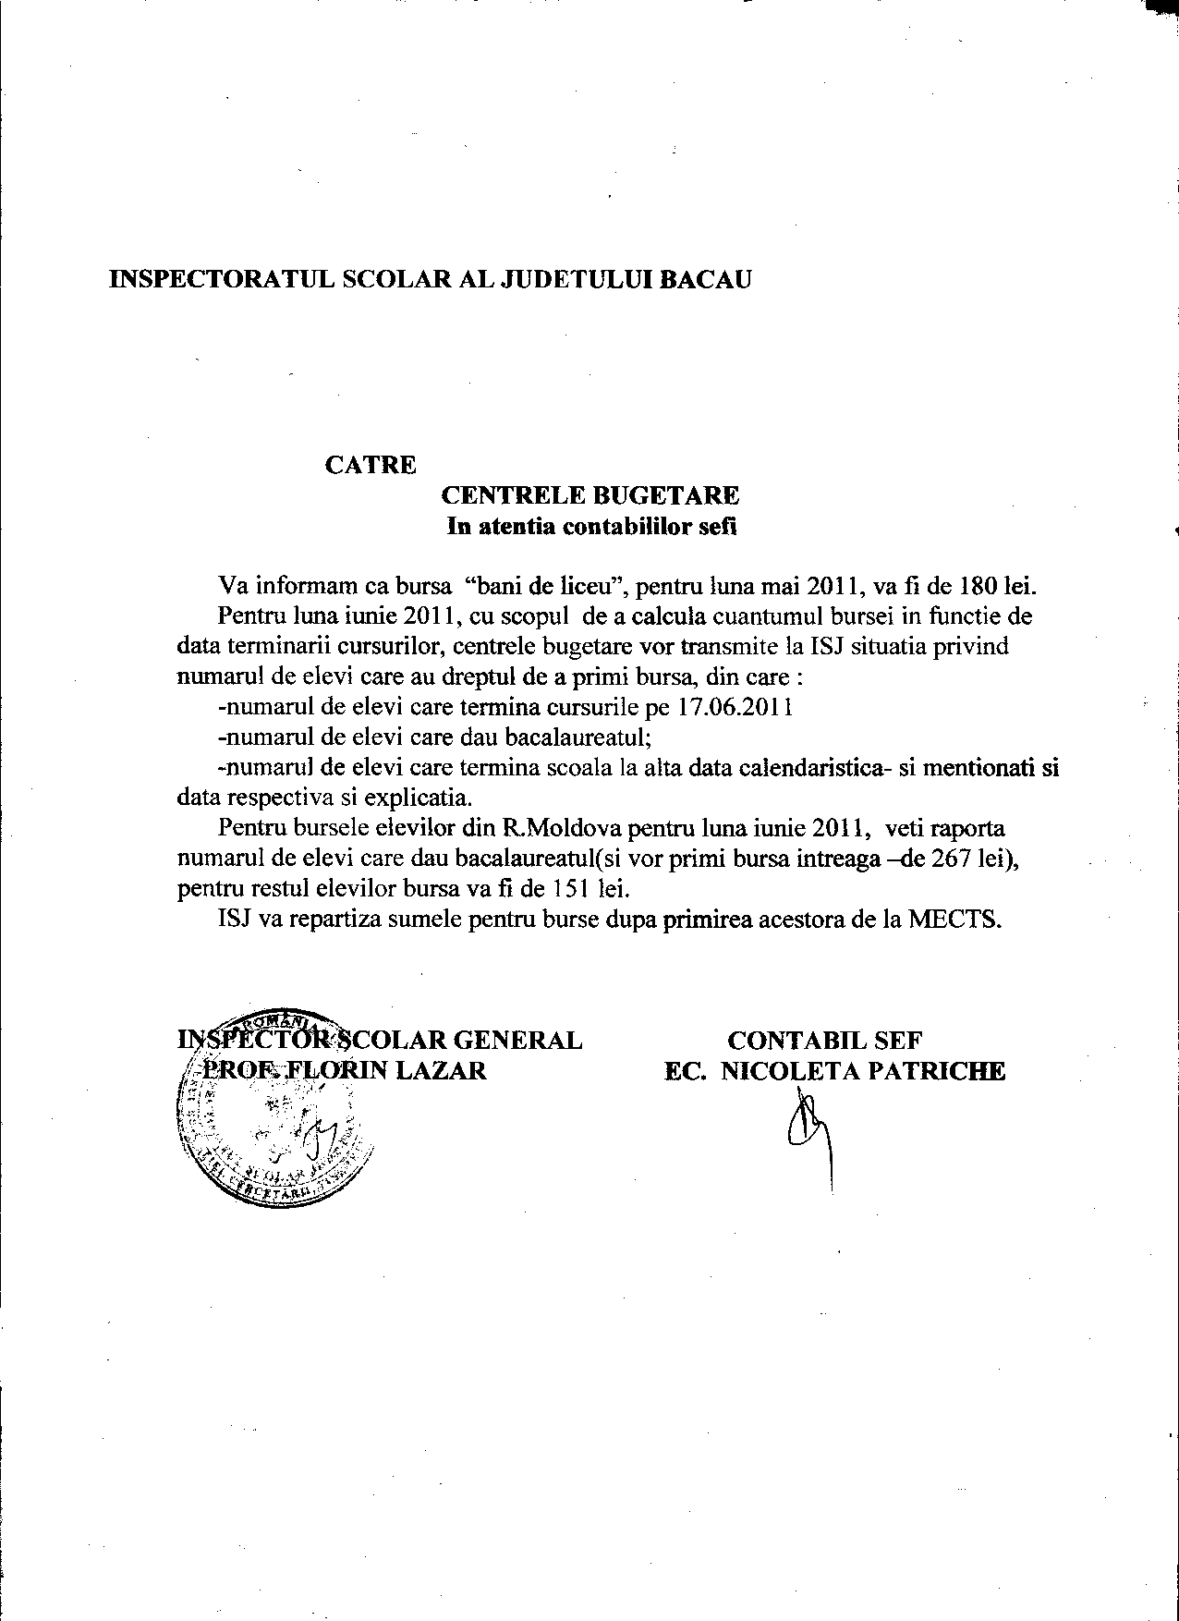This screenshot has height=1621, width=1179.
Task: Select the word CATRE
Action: point(370,464)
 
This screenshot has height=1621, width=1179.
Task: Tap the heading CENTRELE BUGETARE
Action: point(592,495)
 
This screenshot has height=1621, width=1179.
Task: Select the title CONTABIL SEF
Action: point(824,1041)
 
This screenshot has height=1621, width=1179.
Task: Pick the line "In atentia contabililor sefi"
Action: point(592,528)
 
